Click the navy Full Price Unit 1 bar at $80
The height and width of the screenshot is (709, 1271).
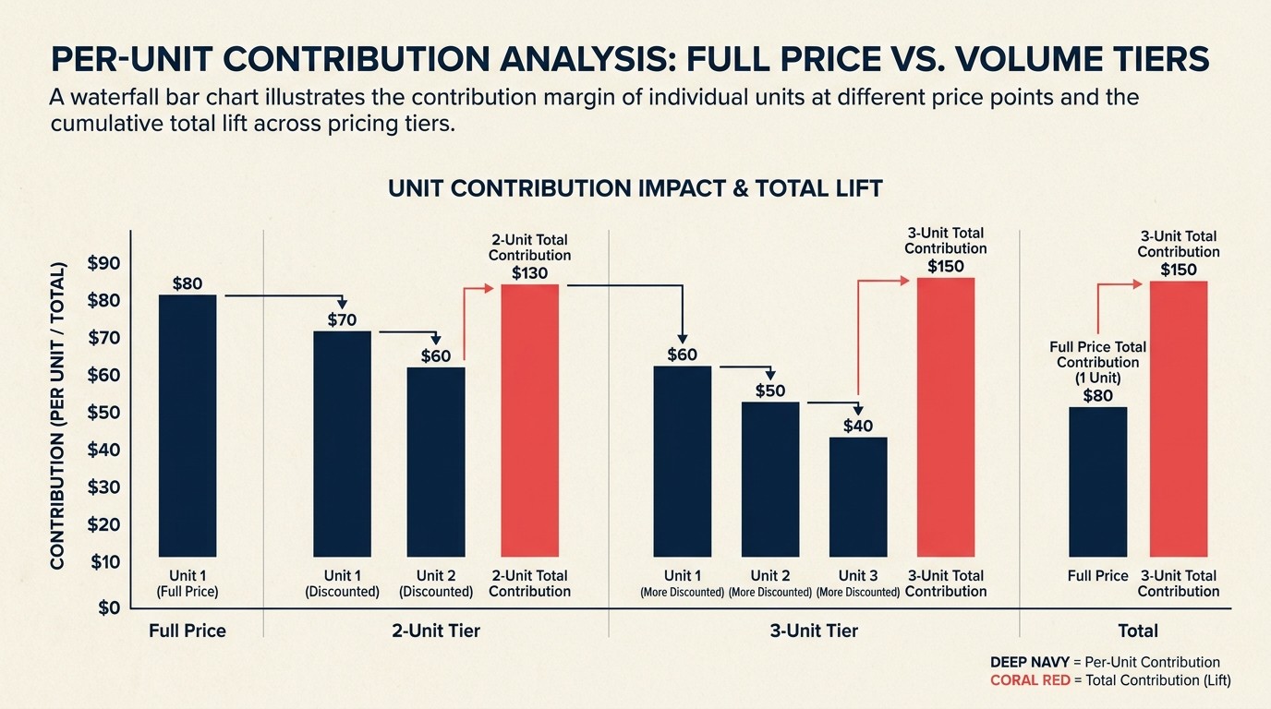coord(188,425)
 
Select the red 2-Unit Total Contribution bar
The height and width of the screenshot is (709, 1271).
coord(529,429)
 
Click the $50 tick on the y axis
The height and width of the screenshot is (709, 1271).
coord(103,413)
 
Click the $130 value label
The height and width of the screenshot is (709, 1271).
coord(529,273)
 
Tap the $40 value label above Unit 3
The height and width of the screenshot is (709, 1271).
coord(858,426)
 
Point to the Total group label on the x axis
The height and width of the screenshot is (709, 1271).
coord(1137,631)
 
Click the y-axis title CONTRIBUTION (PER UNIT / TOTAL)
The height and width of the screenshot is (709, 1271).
coord(56,415)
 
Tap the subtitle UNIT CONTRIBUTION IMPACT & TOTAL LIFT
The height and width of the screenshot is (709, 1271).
coord(635,188)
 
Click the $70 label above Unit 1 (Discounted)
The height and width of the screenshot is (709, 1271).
coord(342,320)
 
